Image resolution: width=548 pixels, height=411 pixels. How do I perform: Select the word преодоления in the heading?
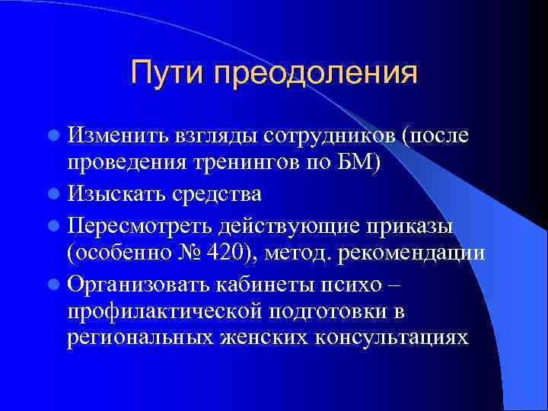tap(316, 74)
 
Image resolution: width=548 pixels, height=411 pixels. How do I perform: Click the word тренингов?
tap(241, 165)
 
